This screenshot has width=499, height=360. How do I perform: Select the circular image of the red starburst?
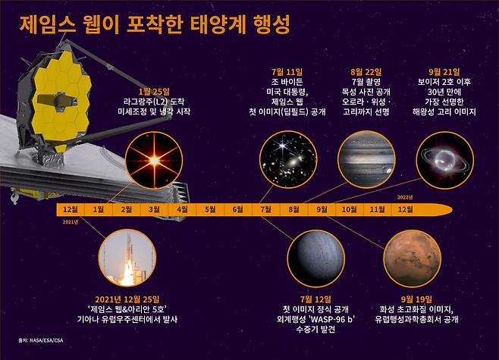point(154,159)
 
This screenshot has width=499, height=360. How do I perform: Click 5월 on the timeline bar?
point(210,208)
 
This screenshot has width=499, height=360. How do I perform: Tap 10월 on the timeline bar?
point(349,208)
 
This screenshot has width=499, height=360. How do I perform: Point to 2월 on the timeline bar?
point(126,208)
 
